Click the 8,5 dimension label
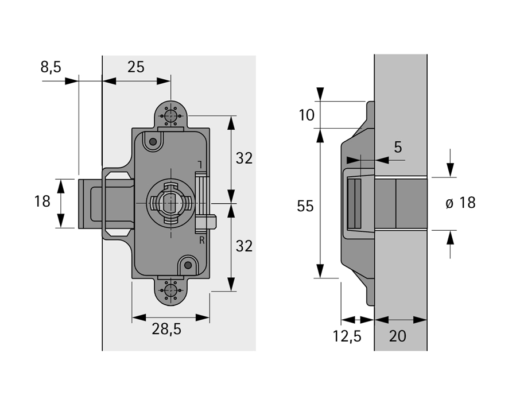[51, 67]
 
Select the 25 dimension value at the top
[135, 67]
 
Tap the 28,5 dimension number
[166, 329]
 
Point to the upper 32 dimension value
[244, 158]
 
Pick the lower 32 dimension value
[244, 246]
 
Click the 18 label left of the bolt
[42, 201]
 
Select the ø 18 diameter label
[460, 203]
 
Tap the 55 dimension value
[306, 206]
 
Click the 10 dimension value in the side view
[307, 115]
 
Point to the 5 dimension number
[398, 148]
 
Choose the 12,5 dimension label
[347, 336]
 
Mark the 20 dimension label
[397, 336]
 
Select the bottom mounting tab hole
[170, 290]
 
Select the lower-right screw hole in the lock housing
[188, 265]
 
